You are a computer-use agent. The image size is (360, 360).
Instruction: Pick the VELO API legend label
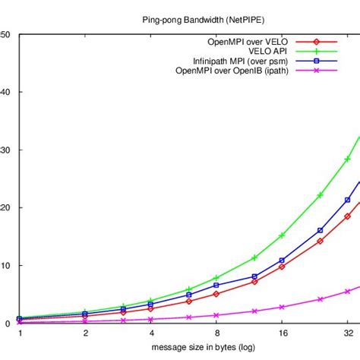click(x=270, y=51)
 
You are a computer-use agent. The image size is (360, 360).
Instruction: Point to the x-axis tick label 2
click(x=85, y=333)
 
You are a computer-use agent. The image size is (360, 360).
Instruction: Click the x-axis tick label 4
click(x=151, y=333)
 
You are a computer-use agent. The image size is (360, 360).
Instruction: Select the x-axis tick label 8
click(x=216, y=333)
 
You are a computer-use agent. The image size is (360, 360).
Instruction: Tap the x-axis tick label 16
click(x=282, y=333)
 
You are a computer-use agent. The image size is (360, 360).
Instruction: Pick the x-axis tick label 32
click(x=347, y=333)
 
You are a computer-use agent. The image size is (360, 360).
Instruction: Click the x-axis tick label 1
click(x=20, y=333)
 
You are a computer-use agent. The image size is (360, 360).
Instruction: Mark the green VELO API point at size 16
click(x=282, y=235)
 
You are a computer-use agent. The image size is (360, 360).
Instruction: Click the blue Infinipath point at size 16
click(x=282, y=261)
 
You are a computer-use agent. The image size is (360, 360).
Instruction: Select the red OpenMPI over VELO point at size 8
click(x=216, y=294)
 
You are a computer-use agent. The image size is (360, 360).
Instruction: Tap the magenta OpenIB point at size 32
click(x=348, y=291)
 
